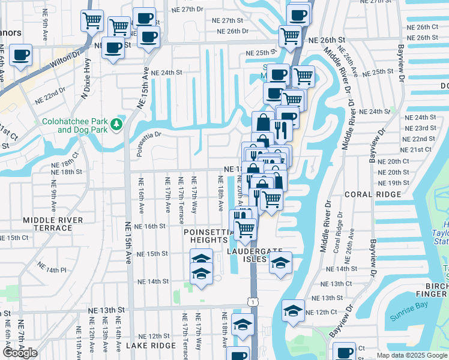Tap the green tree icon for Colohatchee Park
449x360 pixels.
coord(116,125)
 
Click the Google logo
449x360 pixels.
coord(20,353)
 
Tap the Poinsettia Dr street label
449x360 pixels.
coord(149,143)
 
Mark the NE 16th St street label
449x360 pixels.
coord(150,226)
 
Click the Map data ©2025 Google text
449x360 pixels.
coord(411,355)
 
